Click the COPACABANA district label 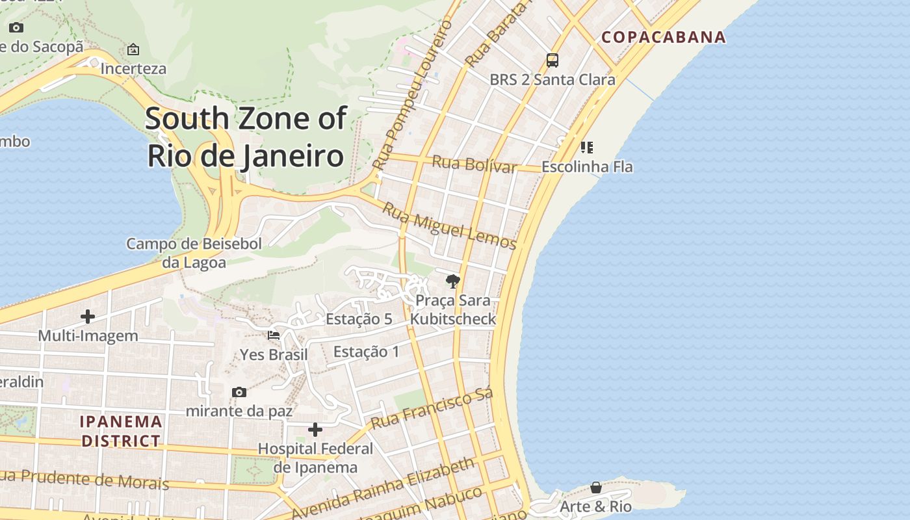(663, 37)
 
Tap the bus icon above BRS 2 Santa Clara (552, 60)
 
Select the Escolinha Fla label (586, 167)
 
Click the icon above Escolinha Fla (586, 148)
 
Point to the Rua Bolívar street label (474, 164)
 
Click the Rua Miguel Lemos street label (448, 226)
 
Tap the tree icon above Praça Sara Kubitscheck (452, 281)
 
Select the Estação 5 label (359, 319)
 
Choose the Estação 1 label (366, 352)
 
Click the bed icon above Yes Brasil (274, 335)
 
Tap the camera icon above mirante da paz (239, 392)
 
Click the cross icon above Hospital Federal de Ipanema (315, 430)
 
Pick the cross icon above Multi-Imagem (88, 317)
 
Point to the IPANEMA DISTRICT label (120, 431)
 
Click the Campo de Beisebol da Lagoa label (194, 253)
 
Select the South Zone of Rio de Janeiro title (246, 137)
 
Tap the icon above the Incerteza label (133, 49)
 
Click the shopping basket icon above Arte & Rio (595, 487)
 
